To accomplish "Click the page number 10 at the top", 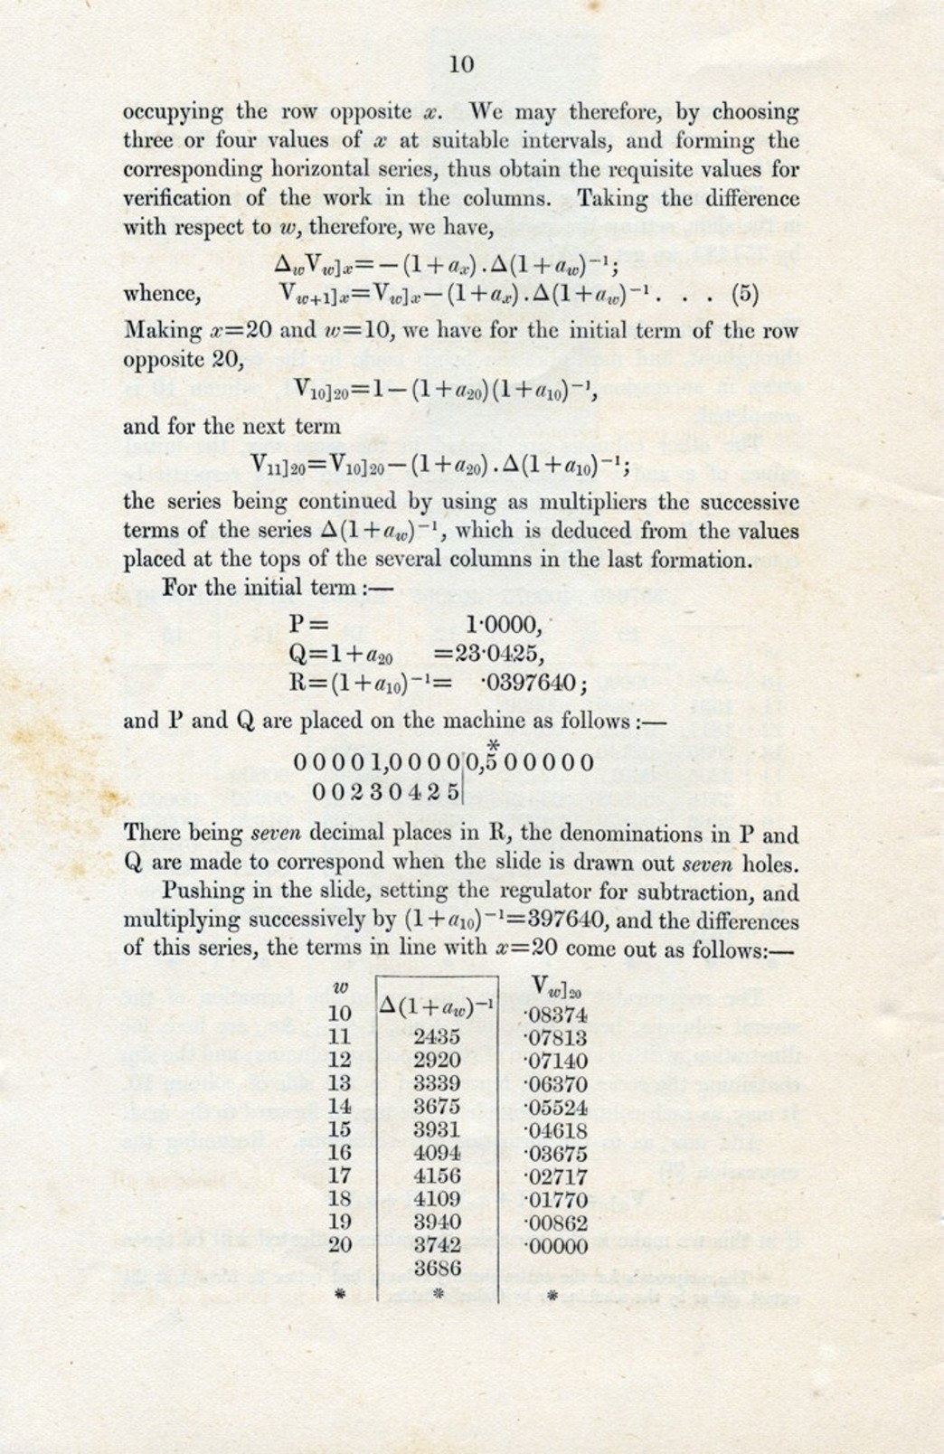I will click(x=461, y=63).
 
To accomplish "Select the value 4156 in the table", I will click(x=437, y=1176).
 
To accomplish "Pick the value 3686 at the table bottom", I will click(x=437, y=1269).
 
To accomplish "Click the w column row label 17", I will click(x=339, y=1176).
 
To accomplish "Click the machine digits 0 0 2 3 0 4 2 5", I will click(x=385, y=792).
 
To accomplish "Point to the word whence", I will click(x=161, y=294).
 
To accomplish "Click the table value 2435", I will click(x=437, y=1037).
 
